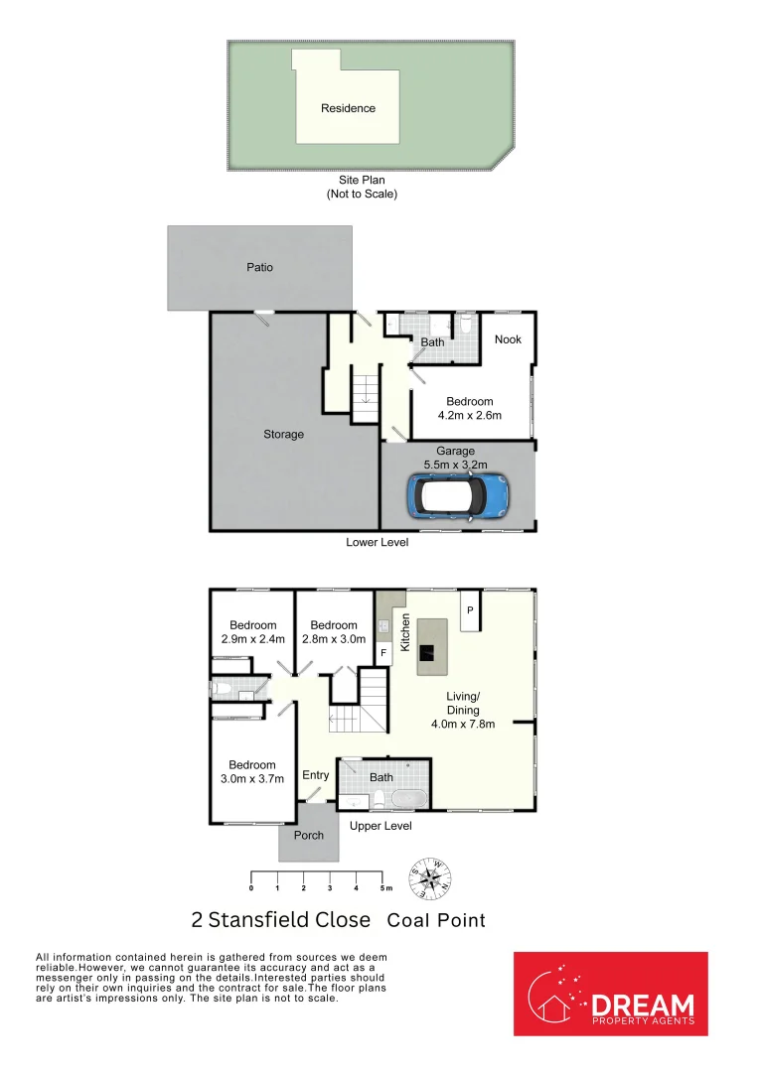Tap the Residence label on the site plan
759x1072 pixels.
point(348,108)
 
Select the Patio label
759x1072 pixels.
point(259,267)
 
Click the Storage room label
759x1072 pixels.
point(283,434)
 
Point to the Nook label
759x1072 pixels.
point(508,339)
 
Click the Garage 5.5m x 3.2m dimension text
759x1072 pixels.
point(456,457)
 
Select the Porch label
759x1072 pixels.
point(309,835)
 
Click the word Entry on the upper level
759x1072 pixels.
point(316,775)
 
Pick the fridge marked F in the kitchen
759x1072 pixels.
point(383,653)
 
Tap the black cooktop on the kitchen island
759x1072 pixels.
point(425,652)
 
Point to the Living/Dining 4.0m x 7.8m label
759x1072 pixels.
point(463,710)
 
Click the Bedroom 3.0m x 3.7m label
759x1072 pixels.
point(252,771)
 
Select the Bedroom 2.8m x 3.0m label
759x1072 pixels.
point(334,631)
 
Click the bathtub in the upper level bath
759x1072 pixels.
point(408,798)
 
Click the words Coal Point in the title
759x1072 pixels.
point(436,920)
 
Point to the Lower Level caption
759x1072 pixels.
point(377,542)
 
